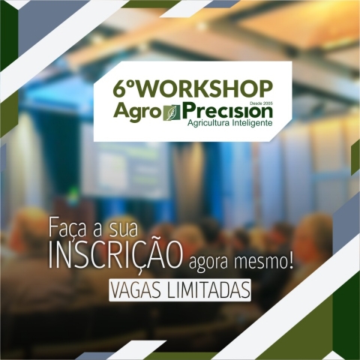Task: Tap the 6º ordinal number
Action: point(124,88)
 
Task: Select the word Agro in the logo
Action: point(136,111)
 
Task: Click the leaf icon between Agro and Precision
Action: point(172,112)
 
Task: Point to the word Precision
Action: point(227,111)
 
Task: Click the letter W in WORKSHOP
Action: point(147,88)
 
